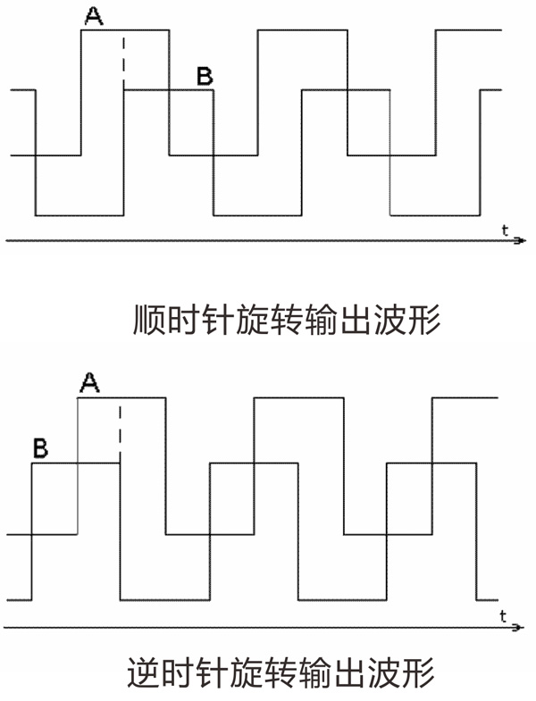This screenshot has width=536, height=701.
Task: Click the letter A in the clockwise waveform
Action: point(93,15)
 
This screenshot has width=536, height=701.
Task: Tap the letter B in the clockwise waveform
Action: point(205,77)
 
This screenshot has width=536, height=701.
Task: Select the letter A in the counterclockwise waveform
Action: point(88,383)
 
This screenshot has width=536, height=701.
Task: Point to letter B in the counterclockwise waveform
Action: point(40,446)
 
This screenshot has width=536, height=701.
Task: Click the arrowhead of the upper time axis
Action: point(516,240)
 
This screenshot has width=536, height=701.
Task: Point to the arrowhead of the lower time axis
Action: point(516,628)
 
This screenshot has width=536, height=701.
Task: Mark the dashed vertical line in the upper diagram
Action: point(124,59)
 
